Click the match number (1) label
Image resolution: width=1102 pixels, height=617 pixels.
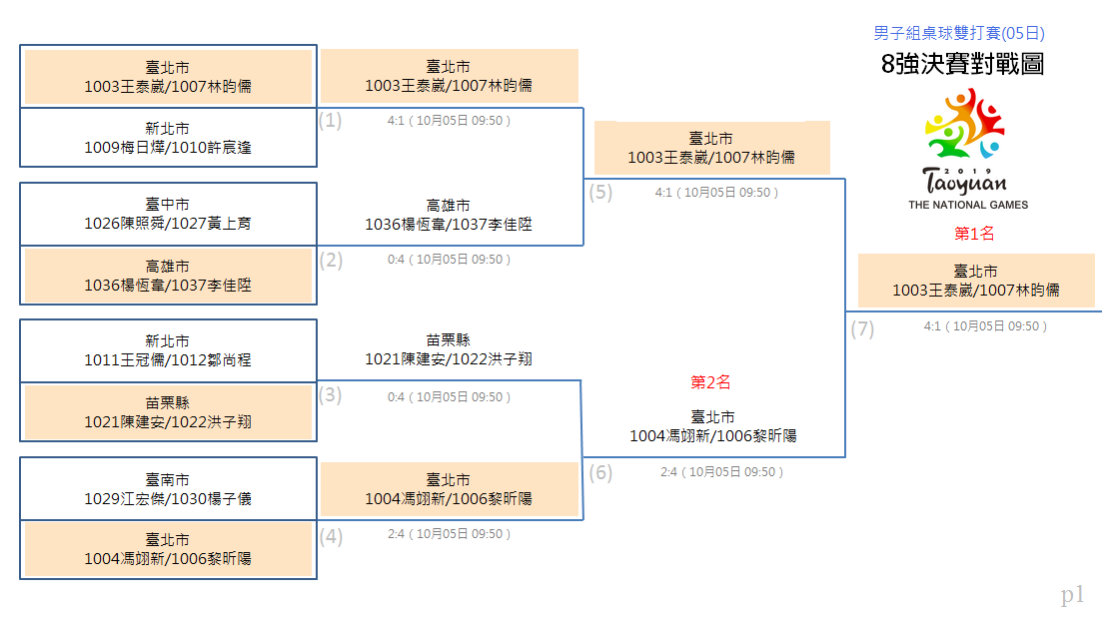[330, 121]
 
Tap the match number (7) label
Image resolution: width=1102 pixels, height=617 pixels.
[862, 329]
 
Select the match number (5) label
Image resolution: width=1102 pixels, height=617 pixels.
[600, 193]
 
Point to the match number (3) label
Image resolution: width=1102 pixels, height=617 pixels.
[330, 395]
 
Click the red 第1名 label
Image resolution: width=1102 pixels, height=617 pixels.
[974, 234]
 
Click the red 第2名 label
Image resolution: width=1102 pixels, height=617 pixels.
[710, 382]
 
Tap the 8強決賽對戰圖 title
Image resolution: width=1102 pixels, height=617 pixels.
[962, 64]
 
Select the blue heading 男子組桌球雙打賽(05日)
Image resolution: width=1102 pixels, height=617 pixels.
[958, 33]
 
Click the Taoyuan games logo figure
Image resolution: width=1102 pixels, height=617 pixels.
[965, 124]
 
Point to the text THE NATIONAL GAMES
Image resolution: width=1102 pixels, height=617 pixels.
[968, 205]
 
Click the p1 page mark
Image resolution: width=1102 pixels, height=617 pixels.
[1072, 595]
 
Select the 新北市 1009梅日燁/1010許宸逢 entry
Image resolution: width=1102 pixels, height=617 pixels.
[168, 138]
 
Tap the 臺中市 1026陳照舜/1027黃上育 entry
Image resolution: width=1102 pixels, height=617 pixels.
[168, 214]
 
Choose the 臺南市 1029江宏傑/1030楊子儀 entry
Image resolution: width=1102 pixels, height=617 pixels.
[168, 489]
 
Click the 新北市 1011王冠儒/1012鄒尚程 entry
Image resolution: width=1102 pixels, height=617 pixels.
[168, 351]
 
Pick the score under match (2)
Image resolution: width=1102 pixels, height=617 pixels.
[450, 260]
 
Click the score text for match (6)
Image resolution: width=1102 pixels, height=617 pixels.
[721, 472]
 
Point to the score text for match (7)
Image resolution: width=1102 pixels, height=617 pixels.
[985, 326]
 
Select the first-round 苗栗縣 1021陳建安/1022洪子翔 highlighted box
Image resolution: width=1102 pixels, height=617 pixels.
[168, 412]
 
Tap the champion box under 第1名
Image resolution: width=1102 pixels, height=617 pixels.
[976, 281]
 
